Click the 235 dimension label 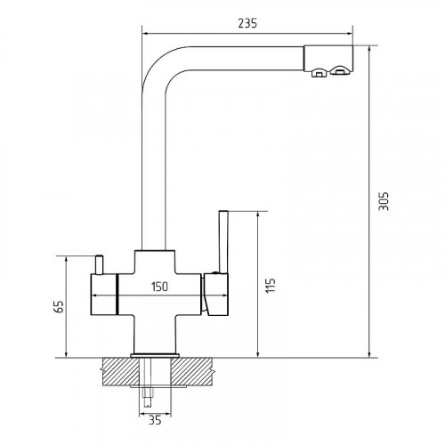247,23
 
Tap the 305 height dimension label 384,201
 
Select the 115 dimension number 271,285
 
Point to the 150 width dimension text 159,287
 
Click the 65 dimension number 59,306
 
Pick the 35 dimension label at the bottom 155,420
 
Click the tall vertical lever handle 223,242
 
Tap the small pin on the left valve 99,264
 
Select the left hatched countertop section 120,371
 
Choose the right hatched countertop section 191,371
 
